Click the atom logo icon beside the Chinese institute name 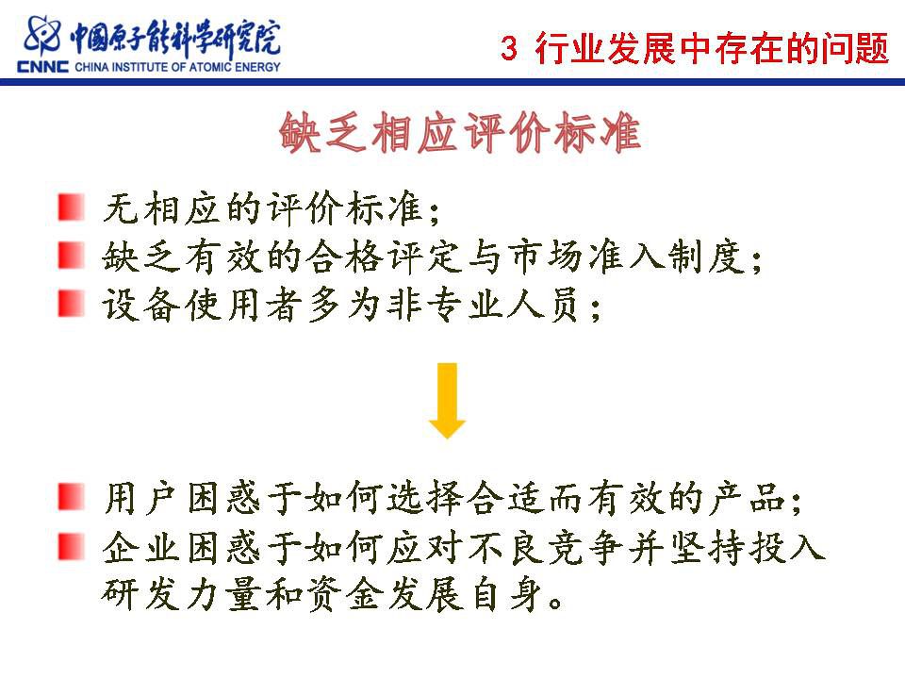41,36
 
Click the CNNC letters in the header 42,67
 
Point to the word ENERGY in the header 256,67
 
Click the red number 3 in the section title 508,48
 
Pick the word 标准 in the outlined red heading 598,133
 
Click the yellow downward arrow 447,401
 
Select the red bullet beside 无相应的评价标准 72,207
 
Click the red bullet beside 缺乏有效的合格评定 72,256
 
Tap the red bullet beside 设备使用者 72,304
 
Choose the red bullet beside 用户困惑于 72,497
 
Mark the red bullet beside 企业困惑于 72,546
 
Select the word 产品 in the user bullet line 748,498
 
